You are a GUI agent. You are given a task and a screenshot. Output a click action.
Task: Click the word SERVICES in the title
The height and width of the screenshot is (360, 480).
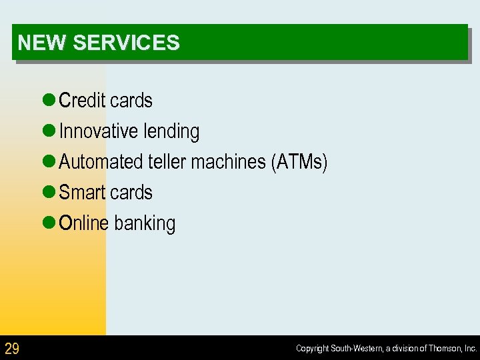(126, 43)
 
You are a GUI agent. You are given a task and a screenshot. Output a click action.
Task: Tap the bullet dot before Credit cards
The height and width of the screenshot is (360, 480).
(48, 101)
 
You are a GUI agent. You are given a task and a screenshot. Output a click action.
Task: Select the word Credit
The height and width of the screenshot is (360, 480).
(82, 101)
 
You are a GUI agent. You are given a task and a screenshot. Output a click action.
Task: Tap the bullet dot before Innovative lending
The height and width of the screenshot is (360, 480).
(48, 131)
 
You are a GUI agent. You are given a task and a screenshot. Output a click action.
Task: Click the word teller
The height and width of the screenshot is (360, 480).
(167, 162)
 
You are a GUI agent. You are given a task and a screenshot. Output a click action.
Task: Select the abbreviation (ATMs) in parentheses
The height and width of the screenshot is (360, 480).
(299, 162)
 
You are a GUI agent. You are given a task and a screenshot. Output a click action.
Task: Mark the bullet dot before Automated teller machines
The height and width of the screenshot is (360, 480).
(48, 162)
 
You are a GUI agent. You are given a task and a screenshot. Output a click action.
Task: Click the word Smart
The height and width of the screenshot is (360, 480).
(81, 193)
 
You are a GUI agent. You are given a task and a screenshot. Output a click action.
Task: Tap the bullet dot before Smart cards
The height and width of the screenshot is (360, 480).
(48, 193)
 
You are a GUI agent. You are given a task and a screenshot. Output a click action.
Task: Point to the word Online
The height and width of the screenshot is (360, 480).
(83, 223)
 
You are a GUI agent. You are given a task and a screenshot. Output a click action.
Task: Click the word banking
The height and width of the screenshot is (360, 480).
(145, 224)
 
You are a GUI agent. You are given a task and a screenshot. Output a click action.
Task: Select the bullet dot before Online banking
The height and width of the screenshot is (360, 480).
(48, 223)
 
